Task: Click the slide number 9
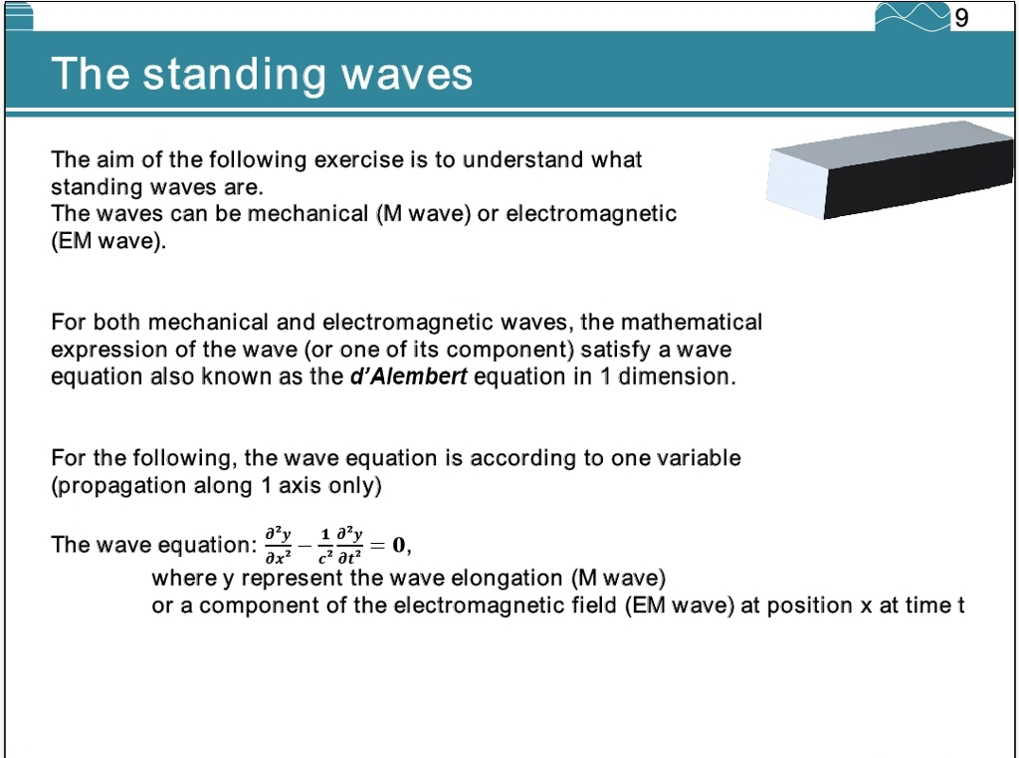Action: [961, 18]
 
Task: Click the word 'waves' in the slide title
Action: [407, 74]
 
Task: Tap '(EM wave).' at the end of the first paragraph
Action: [108, 240]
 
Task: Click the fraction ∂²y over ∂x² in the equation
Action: [277, 545]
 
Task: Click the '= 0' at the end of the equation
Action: [390, 544]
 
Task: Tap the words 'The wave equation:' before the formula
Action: [153, 545]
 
